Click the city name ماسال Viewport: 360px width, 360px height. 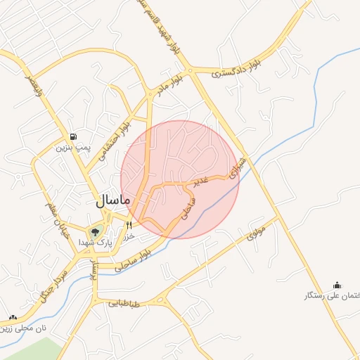point(112,200)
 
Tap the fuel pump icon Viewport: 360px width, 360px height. point(73,136)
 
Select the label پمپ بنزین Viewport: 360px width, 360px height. point(70,148)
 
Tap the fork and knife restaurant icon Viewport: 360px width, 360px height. point(129,225)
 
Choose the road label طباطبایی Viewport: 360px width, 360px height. point(124,305)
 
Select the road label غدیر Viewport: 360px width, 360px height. point(202,181)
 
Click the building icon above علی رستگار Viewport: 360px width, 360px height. point(337,285)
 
